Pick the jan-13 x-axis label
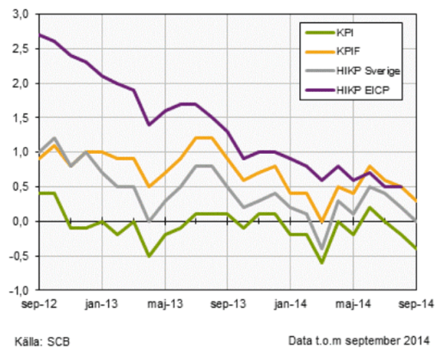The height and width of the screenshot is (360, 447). (x=102, y=303)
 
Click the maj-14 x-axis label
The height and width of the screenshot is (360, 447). (x=353, y=303)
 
